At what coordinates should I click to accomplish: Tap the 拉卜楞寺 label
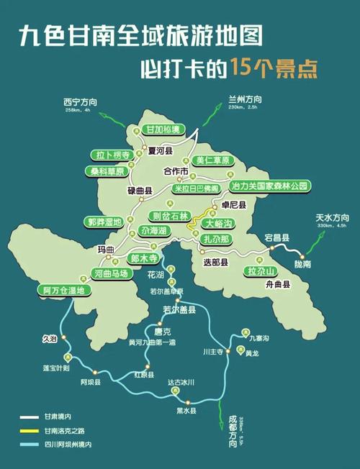point(112,155)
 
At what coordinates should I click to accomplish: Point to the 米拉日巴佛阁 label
point(196,188)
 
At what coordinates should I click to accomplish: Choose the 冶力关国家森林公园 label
point(269,186)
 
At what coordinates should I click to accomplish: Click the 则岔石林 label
point(169,215)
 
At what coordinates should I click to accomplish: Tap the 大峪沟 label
point(221,224)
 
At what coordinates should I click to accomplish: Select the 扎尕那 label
point(216,238)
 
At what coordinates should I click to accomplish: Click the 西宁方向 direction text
point(81,102)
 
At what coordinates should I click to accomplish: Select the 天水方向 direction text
point(331,217)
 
